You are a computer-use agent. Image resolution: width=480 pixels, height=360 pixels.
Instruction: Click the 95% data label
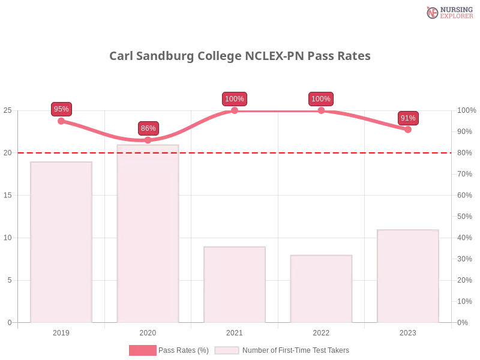coord(61,109)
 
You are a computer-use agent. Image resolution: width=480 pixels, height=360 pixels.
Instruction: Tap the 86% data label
coord(148,128)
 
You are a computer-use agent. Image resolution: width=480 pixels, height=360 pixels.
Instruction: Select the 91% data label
coord(408,118)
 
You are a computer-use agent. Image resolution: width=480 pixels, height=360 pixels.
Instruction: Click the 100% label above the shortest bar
coord(321,99)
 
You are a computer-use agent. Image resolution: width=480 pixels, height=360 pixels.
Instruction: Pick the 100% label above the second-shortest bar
coord(234,99)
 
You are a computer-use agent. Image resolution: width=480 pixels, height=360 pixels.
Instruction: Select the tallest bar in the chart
coord(148,234)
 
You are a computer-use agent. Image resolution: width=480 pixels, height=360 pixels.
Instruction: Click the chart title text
coord(240,57)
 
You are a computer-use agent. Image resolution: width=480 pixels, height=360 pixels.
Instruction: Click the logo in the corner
coord(448,12)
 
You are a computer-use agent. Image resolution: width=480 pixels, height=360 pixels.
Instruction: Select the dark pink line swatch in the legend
coord(143,350)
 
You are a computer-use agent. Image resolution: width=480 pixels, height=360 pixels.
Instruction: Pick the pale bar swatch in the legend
coord(227,350)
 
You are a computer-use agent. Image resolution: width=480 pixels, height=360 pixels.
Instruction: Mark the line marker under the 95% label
coord(62,121)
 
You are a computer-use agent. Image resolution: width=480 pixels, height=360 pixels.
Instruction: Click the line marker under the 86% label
coord(148,140)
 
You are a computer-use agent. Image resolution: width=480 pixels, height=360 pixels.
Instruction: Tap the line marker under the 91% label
coord(407,129)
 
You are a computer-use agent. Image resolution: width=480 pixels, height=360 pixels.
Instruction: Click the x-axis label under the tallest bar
coord(148,331)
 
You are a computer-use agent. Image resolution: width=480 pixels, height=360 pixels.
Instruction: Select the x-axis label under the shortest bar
coord(321,331)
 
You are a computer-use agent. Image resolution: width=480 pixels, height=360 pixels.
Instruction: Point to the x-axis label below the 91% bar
coord(407,331)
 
